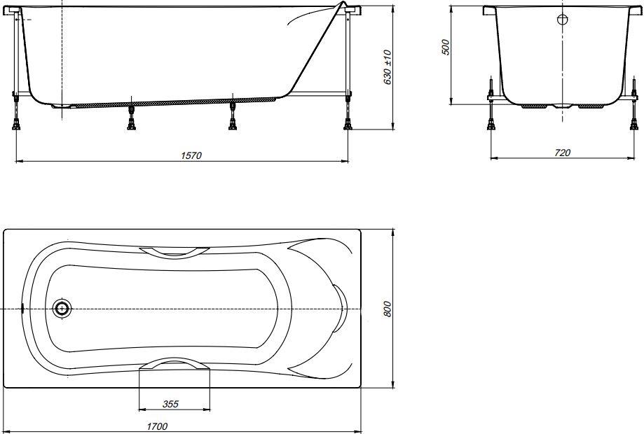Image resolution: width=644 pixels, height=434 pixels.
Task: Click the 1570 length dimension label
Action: (191, 155)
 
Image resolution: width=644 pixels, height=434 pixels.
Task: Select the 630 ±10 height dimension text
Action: (388, 67)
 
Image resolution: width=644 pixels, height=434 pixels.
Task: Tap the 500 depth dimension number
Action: (446, 47)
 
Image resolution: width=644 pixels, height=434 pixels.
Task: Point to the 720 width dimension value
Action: (562, 153)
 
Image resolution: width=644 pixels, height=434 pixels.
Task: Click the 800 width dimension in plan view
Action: (388, 309)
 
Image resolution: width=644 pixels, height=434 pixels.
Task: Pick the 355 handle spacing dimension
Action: (170, 404)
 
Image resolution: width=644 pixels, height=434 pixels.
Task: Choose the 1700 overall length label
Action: (157, 426)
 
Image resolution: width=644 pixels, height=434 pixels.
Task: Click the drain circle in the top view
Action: (62, 308)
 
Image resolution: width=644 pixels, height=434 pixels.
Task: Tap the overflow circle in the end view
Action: (562, 19)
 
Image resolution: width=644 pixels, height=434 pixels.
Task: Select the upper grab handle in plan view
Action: (174, 252)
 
